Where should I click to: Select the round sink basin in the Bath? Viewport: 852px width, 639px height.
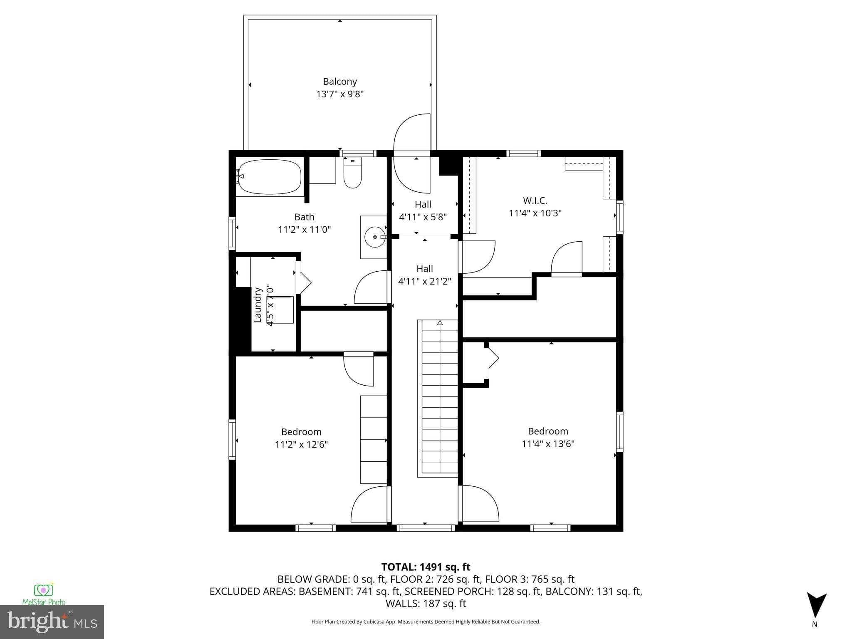click(375, 237)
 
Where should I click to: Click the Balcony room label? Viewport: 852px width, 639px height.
click(340, 82)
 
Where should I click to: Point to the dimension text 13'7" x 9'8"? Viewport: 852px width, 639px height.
click(340, 94)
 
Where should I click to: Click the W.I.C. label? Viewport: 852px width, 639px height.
click(535, 201)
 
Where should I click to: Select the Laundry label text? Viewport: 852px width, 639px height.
click(258, 305)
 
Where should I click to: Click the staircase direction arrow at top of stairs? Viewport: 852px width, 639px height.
click(440, 322)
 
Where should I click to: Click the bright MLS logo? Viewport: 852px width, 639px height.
click(52, 622)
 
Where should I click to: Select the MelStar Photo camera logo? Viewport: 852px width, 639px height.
click(43, 590)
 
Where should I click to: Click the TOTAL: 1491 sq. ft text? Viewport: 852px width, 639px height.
click(426, 567)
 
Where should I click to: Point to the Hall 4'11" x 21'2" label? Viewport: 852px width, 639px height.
click(425, 275)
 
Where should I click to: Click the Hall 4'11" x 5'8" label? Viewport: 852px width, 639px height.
click(423, 211)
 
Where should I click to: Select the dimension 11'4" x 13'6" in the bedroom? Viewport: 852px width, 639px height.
click(548, 443)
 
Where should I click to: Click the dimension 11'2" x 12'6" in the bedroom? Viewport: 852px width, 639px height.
click(301, 444)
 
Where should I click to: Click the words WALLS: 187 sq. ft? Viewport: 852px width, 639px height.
click(426, 603)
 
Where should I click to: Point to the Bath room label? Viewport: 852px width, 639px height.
click(304, 217)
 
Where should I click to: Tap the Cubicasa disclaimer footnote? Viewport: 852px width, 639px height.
click(426, 622)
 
